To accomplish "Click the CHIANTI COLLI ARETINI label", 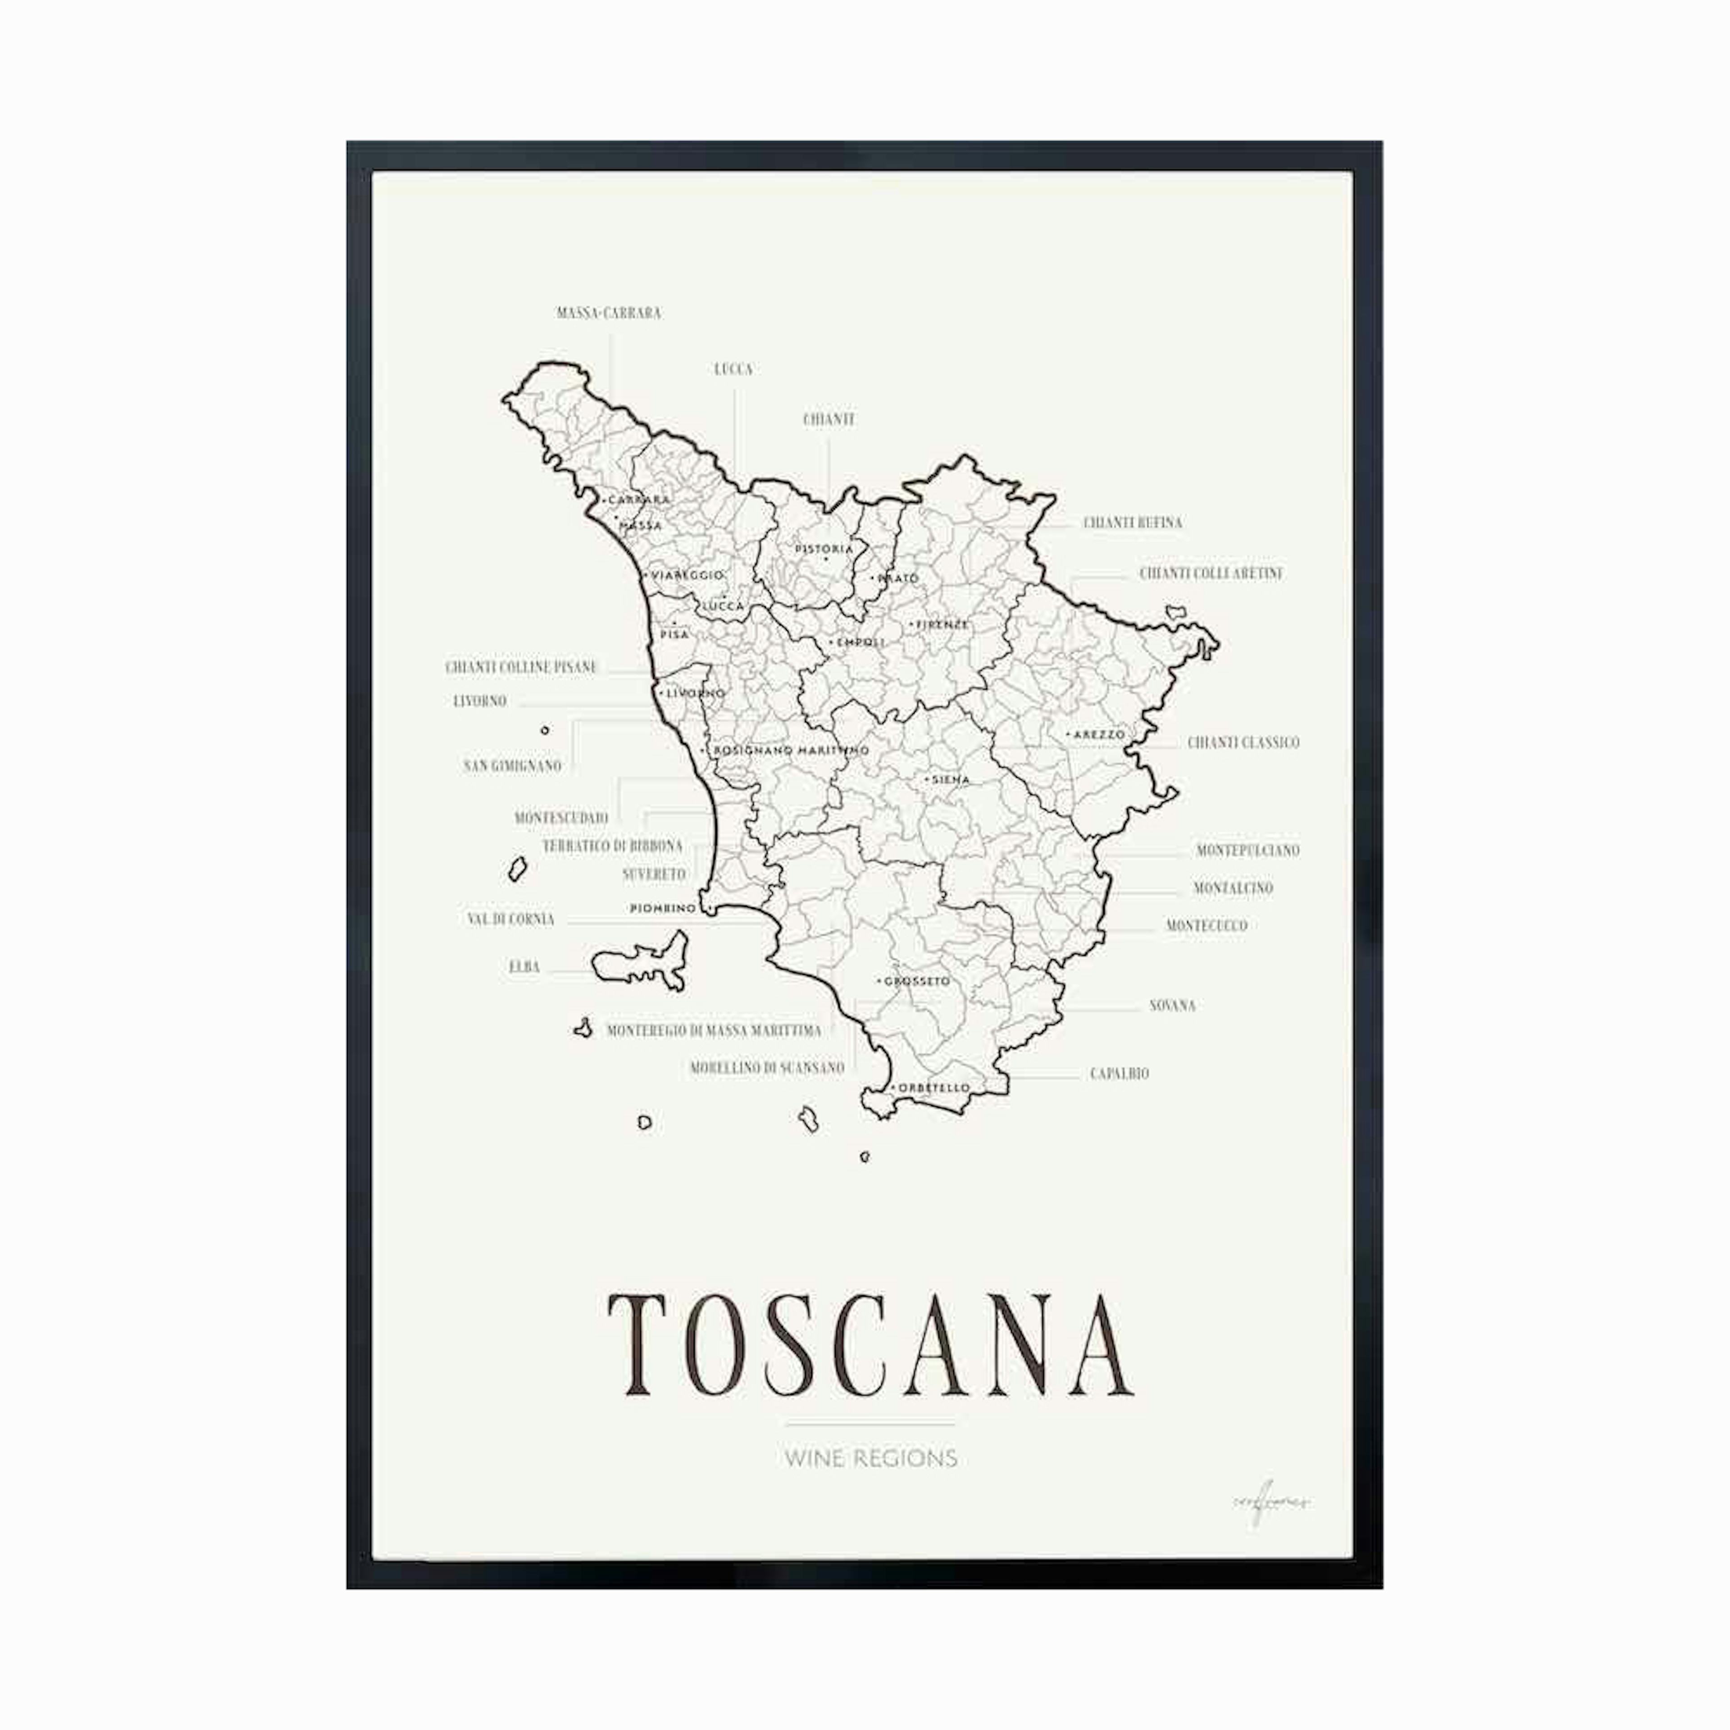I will [1211, 573].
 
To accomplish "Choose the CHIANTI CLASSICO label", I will [1243, 742].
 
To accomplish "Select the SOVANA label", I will [1172, 1006].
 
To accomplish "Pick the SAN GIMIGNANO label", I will [512, 765].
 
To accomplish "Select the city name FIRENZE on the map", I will [942, 624].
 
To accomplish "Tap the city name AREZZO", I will [1099, 734].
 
